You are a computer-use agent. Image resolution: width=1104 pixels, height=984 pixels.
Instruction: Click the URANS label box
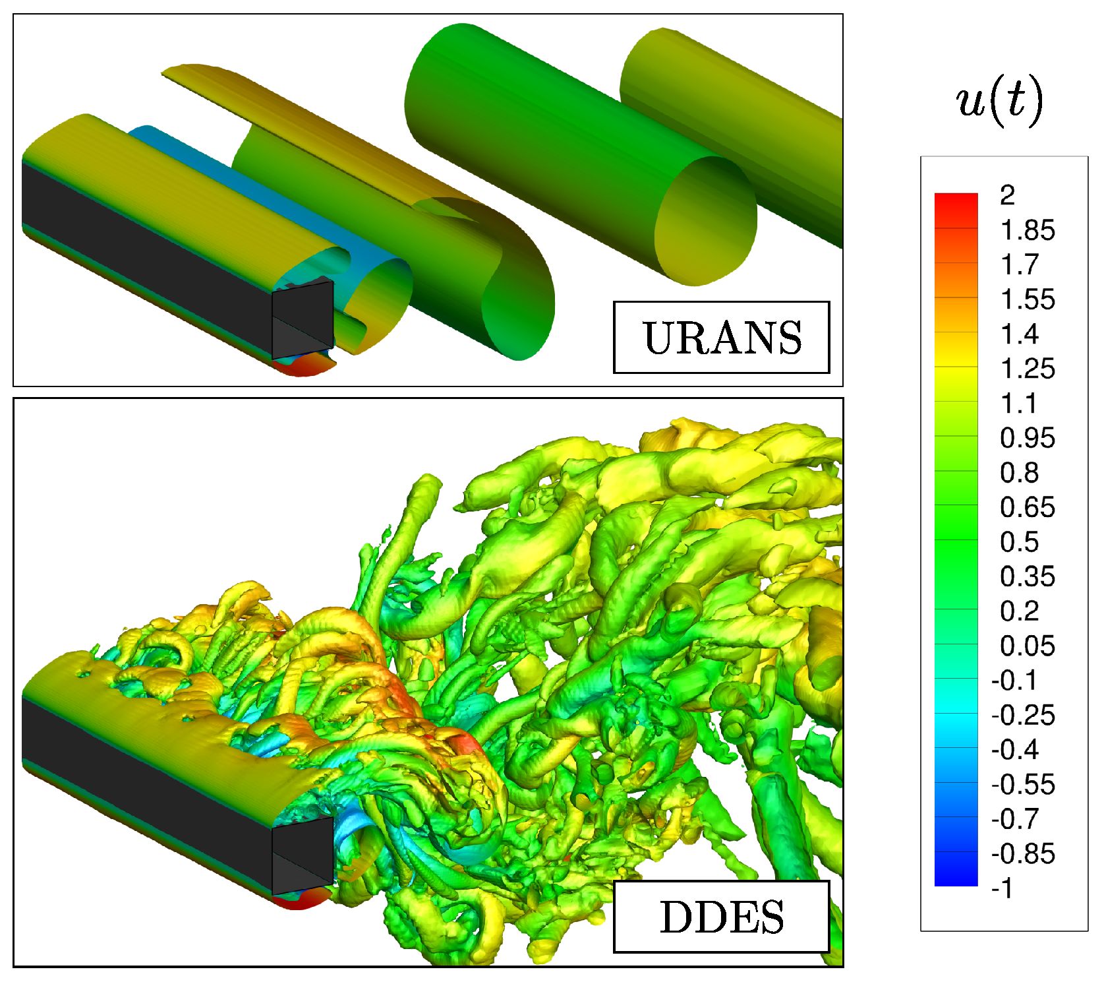pos(721,338)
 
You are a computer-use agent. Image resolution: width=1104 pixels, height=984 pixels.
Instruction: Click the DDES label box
pos(721,917)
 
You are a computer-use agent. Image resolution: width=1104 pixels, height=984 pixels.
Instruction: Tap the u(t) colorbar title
pos(1000,101)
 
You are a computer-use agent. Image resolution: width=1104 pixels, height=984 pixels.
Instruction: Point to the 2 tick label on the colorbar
pos(1007,195)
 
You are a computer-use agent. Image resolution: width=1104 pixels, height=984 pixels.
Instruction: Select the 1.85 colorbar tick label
pos(1028,230)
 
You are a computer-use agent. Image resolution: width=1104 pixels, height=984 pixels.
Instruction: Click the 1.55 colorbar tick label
pos(1028,299)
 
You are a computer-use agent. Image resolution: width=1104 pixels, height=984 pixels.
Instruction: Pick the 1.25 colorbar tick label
pos(1028,369)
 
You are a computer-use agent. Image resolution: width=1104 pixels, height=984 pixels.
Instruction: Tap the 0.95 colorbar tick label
pos(1028,438)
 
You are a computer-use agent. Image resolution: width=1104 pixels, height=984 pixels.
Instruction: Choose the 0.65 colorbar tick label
pos(1028,507)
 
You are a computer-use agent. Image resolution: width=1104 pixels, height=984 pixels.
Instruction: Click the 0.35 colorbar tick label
pos(1028,576)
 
